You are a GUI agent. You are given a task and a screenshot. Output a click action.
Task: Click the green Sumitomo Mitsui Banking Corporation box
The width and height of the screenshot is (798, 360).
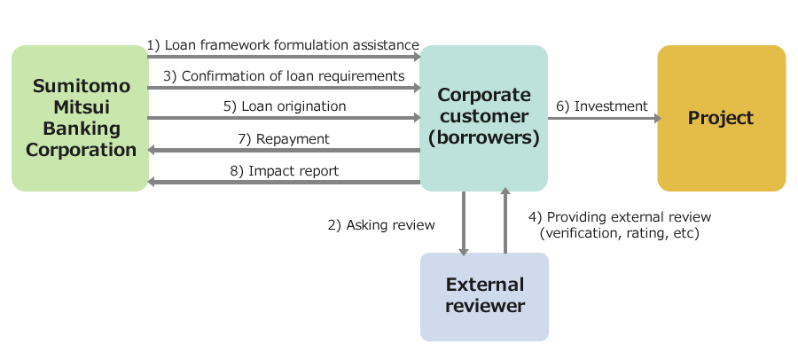pyautogui.click(x=80, y=118)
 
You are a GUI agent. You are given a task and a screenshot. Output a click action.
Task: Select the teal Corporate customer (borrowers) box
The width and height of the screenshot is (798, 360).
pyautogui.click(x=483, y=118)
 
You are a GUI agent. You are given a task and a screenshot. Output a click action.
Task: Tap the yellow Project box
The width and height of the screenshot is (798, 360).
pyautogui.click(x=722, y=118)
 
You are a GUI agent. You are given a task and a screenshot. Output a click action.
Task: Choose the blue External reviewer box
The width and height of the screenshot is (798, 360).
pyautogui.click(x=484, y=297)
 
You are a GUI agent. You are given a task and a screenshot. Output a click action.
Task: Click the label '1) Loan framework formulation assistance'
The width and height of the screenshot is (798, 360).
pyautogui.click(x=283, y=45)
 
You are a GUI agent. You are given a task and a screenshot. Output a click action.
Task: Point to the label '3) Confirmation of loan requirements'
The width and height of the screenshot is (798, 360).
pyautogui.click(x=284, y=76)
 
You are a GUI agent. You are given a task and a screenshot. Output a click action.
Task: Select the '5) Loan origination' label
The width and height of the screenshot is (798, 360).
pyautogui.click(x=285, y=106)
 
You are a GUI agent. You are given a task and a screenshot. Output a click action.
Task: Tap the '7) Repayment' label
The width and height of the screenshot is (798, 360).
pyautogui.click(x=284, y=139)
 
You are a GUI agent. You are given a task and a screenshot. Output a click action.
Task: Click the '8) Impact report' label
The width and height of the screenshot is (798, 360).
pyautogui.click(x=284, y=171)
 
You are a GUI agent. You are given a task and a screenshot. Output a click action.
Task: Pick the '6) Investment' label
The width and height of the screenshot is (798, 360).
pyautogui.click(x=601, y=106)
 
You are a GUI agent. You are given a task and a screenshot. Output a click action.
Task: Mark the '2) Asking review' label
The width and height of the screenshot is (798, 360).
pyautogui.click(x=381, y=225)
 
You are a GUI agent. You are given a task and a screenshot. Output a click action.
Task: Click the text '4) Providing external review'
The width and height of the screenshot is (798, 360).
pyautogui.click(x=620, y=217)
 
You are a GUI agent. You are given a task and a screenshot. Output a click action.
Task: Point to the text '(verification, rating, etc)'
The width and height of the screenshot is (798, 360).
pyautogui.click(x=620, y=233)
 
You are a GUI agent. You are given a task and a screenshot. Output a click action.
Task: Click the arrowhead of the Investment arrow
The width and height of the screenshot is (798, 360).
pyautogui.click(x=658, y=119)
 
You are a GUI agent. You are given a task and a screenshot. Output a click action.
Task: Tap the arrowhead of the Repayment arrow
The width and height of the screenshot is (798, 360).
pyautogui.click(x=151, y=150)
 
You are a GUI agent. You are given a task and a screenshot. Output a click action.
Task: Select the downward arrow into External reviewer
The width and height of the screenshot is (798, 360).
pyautogui.click(x=464, y=223)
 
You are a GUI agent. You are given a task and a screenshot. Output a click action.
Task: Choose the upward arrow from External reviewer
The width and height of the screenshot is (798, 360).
pyautogui.click(x=505, y=221)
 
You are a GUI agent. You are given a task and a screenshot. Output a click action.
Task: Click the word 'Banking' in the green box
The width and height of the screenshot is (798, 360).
pyautogui.click(x=82, y=129)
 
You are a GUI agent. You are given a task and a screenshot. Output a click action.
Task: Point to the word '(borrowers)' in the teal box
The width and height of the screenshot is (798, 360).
pyautogui.click(x=483, y=138)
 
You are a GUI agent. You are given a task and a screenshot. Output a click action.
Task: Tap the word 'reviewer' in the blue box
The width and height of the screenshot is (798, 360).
pyautogui.click(x=485, y=306)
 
